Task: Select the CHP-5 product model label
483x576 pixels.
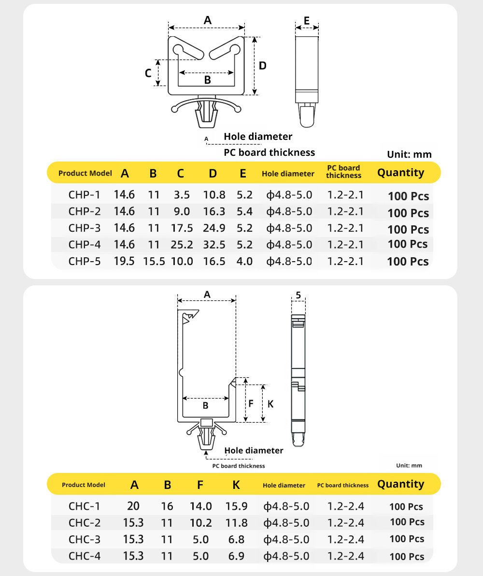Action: coord(85,261)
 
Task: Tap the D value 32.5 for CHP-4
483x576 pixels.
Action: coord(214,244)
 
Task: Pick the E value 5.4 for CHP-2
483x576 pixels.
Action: coord(244,211)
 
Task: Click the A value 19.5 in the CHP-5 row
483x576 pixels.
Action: coord(124,261)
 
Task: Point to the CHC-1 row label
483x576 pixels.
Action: coord(85,506)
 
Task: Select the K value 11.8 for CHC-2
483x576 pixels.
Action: coord(236,523)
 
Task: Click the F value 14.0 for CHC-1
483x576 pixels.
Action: coord(200,506)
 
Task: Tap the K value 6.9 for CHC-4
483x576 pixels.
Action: coord(236,556)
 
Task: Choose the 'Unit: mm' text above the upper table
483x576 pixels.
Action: coord(409,155)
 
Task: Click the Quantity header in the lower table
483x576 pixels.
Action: coord(400,484)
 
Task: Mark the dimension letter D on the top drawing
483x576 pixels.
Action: coord(263,66)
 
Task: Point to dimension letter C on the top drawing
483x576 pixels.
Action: coord(149,73)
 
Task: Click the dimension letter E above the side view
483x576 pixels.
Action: coord(307,20)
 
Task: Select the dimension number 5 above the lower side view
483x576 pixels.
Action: coord(298,295)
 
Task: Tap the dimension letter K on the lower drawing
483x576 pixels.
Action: coord(270,404)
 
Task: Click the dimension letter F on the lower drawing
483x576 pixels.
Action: coord(251,404)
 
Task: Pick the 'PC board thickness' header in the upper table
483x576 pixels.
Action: coord(343,172)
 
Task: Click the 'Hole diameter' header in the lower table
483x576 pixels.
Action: coord(284,485)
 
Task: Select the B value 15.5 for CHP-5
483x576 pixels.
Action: coord(154,261)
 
